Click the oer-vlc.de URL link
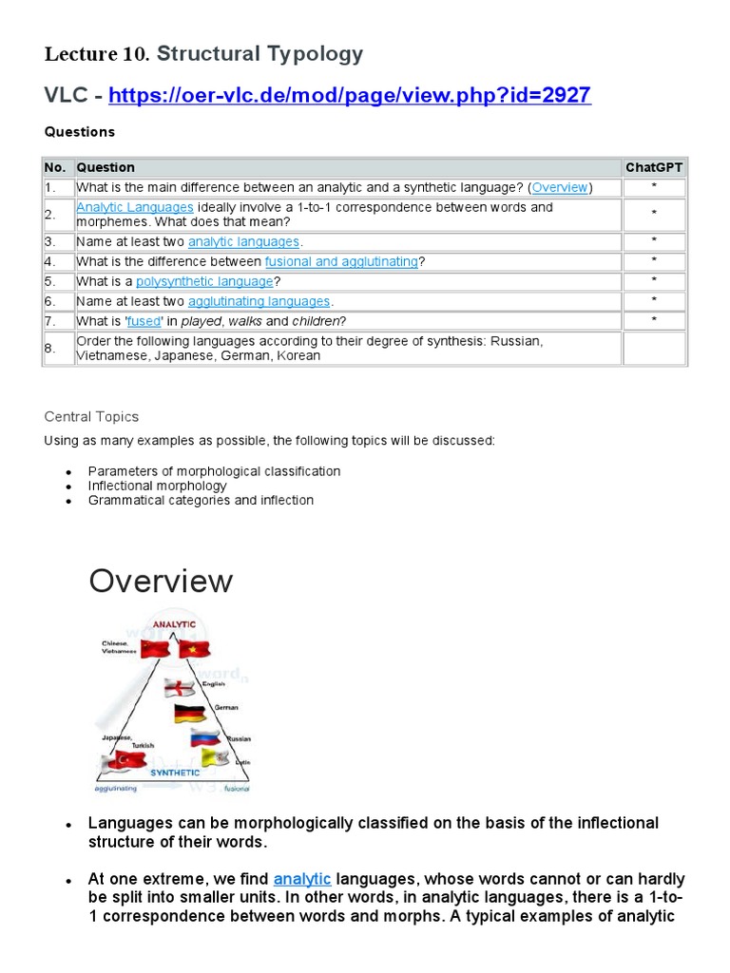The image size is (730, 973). point(350,95)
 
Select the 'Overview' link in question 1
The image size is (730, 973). point(560,187)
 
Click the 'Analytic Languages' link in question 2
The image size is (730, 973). point(135,207)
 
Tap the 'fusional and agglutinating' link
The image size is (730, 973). point(341,261)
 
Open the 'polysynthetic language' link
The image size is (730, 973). point(204,281)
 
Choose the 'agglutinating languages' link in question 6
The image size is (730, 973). point(259,301)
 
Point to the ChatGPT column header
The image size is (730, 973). point(654,167)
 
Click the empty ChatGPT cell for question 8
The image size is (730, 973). point(654,348)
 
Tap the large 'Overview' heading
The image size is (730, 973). point(161,581)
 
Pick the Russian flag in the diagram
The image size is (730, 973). point(205,737)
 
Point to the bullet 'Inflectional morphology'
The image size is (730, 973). point(158,486)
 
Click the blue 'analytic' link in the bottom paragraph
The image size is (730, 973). point(302,879)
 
